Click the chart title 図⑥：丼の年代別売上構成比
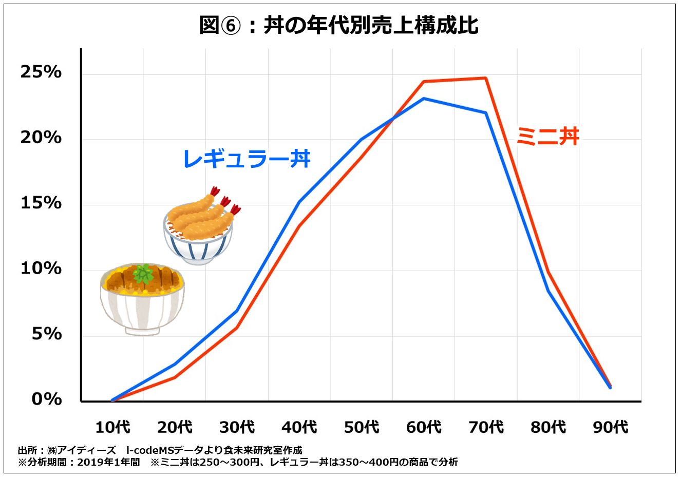point(339,25)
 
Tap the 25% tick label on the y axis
point(41,72)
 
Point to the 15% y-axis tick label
point(41,203)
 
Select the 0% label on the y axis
point(46,399)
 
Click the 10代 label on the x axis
point(112,427)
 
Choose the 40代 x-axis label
point(299,427)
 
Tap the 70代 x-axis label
point(485,427)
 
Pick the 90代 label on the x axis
point(610,427)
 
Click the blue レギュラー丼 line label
point(247,159)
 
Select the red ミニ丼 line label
point(547,137)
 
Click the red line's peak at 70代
point(485,78)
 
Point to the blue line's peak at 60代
point(424,99)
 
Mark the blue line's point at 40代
point(299,202)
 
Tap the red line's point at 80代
point(548,272)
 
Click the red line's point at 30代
point(237,327)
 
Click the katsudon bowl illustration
point(142,299)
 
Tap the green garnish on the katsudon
point(143,274)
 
